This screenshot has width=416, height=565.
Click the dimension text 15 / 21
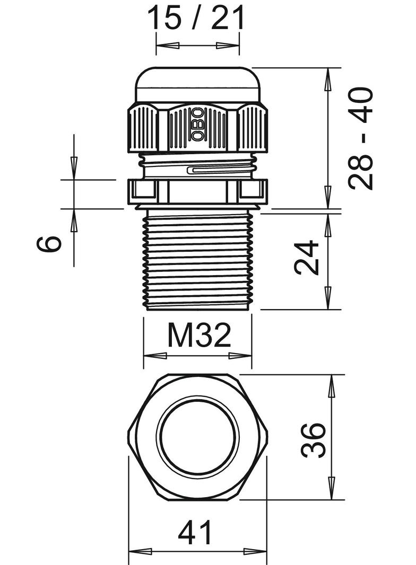click(x=197, y=19)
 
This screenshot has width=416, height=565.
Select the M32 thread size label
click(x=198, y=335)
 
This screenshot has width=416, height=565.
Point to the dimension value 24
click(x=307, y=258)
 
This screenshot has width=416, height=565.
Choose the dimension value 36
click(x=313, y=439)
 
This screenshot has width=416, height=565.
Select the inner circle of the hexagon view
click(x=197, y=437)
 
